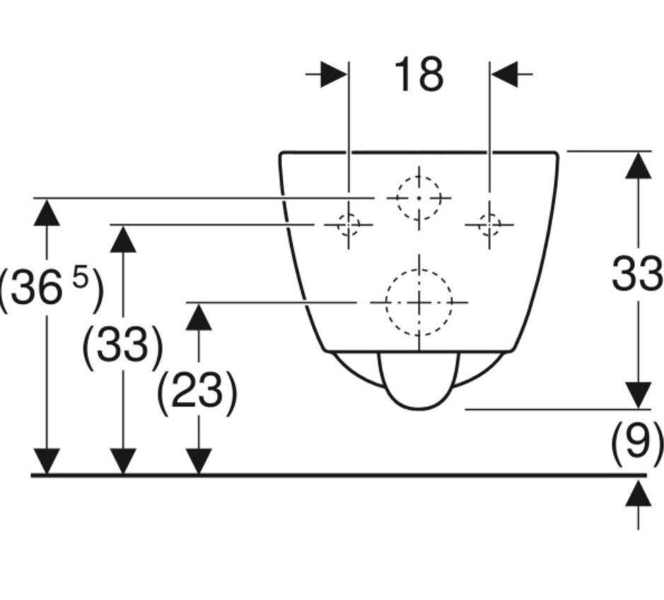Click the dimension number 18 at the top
(x=419, y=76)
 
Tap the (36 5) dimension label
(x=50, y=288)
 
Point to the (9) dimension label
(x=636, y=441)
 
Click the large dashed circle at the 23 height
(x=419, y=302)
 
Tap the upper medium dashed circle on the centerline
(x=419, y=198)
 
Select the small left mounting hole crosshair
(x=349, y=225)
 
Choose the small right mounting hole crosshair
(x=489, y=225)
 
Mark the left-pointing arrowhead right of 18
(x=505, y=74)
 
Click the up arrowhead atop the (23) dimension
(x=199, y=317)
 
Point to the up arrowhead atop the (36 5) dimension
(x=47, y=213)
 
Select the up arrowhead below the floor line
(x=639, y=493)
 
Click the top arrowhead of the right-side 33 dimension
(x=639, y=165)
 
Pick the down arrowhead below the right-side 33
(x=639, y=395)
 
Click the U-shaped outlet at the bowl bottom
(x=419, y=381)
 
